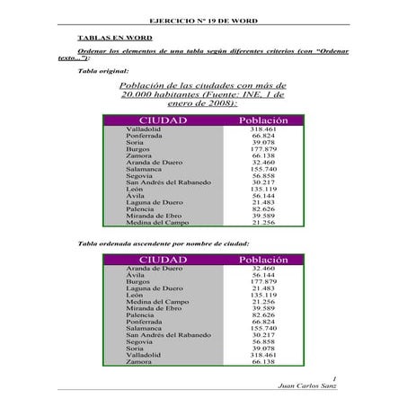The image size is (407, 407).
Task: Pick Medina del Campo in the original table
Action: pos(155,222)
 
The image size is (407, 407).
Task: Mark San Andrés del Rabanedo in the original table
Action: pos(169,182)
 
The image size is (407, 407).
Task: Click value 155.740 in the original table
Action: pos(262,169)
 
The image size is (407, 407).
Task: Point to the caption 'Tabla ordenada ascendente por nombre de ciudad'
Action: pos(164,243)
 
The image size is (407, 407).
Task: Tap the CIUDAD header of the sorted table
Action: pos(163,260)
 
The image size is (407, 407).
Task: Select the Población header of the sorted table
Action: pos(262,260)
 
